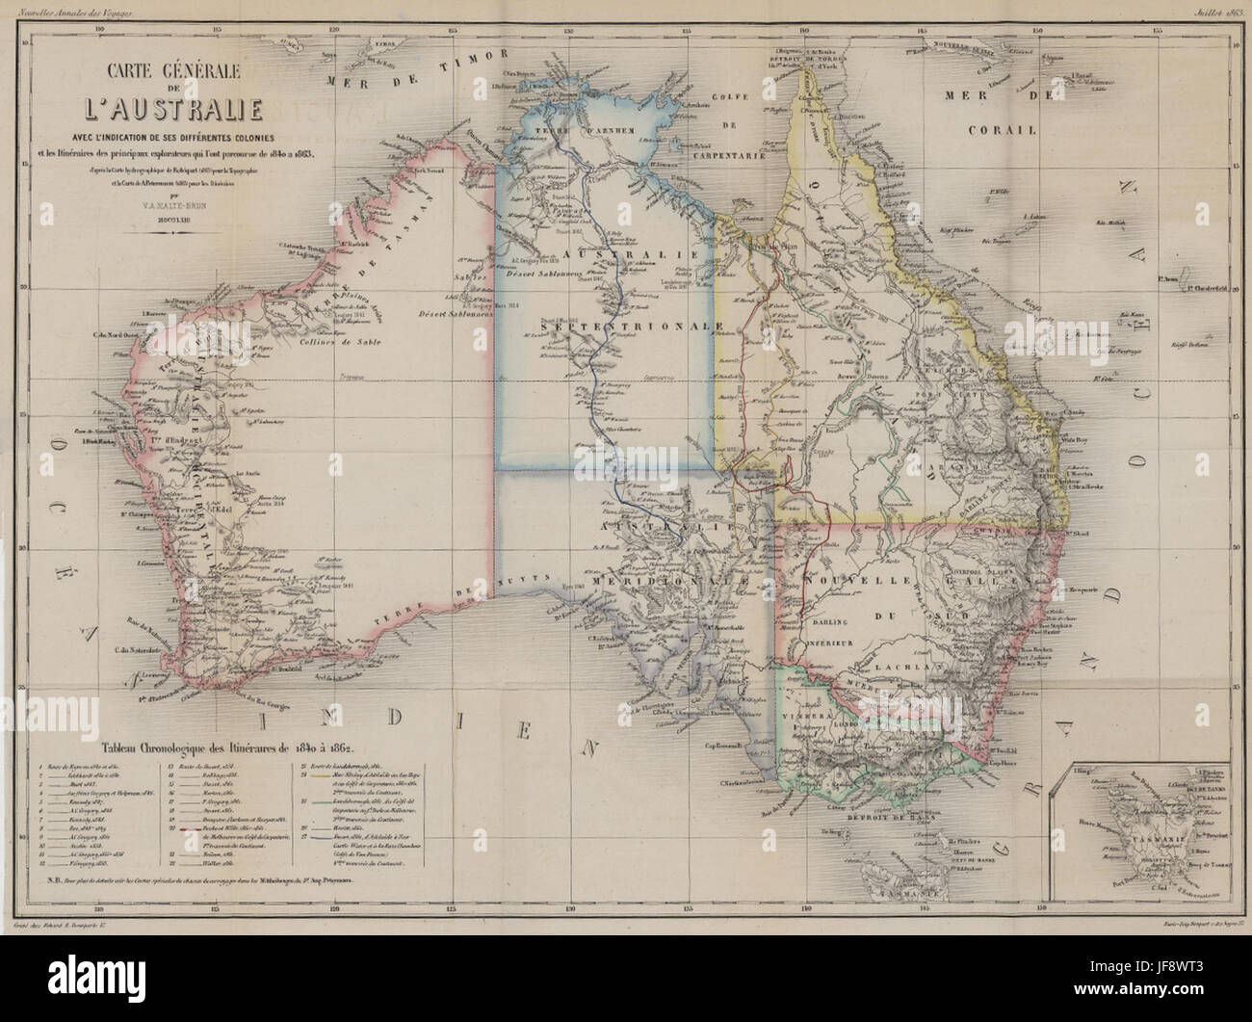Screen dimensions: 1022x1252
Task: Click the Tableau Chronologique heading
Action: tap(222, 747)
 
